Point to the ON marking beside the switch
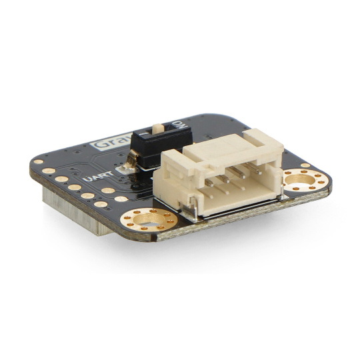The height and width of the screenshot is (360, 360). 178,125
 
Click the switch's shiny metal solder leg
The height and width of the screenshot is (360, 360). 132,159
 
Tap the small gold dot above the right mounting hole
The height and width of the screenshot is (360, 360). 305,165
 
